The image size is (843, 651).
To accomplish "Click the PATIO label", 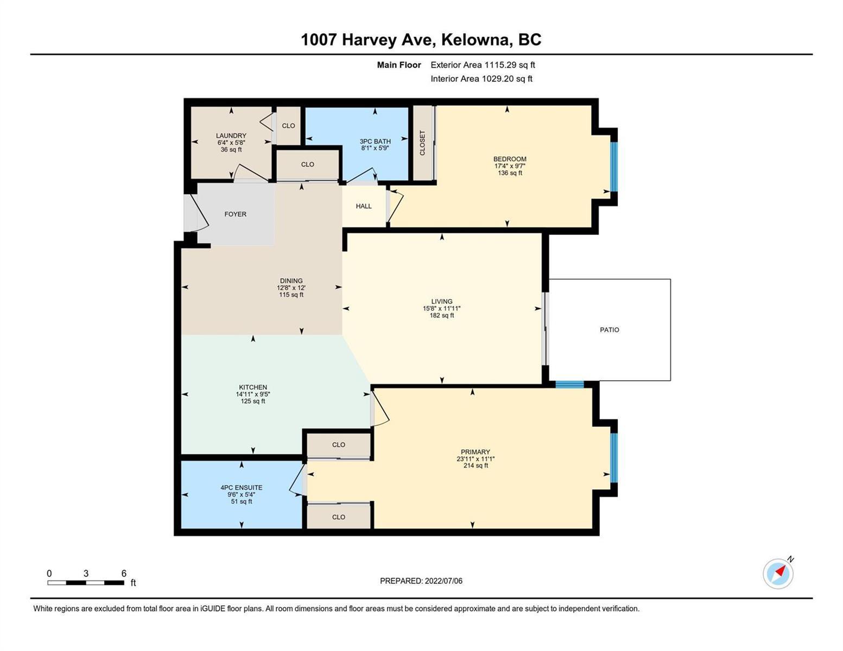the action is coord(609,330).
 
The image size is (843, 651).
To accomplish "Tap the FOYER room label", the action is coord(235,214).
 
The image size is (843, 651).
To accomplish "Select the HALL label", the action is coord(364,206).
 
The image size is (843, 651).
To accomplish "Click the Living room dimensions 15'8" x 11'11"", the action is coord(441,309).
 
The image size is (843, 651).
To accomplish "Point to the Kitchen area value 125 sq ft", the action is coord(253,401).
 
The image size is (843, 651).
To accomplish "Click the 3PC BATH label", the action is coord(375,141).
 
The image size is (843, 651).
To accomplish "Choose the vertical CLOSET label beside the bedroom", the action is coord(422,143).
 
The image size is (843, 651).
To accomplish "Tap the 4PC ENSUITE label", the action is coord(242,487).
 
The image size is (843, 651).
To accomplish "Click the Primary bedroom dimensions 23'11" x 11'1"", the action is coord(475,459).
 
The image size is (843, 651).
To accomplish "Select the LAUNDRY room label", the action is coord(231,135).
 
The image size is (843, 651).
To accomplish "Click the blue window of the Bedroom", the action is coord(614,167).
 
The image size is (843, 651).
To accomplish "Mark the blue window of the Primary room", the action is coord(614,457).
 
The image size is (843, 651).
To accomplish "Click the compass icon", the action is coord(778,574).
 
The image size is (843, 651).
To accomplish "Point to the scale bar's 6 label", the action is coord(124,573).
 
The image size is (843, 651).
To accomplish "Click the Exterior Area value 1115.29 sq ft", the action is coord(509,65).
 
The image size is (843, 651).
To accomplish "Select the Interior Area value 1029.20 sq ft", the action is coord(507,79).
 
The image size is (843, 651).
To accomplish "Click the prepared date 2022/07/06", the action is coord(443,581).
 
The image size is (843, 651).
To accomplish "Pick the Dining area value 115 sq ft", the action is coord(291,295).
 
